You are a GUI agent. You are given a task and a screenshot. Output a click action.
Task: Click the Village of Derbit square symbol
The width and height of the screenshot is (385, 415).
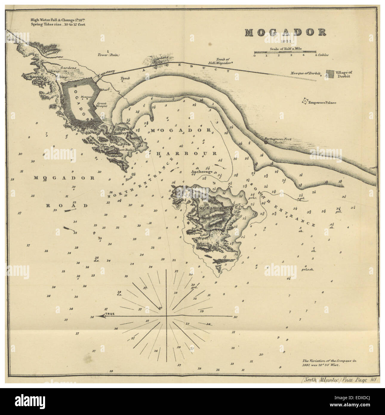pyautogui.click(x=330, y=74)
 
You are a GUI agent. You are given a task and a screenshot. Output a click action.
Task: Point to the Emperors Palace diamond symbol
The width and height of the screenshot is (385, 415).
pyautogui.click(x=304, y=102)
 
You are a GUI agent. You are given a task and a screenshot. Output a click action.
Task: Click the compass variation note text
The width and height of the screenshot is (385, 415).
pyautogui.click(x=329, y=363)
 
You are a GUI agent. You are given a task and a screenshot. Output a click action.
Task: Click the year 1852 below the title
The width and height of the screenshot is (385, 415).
pyautogui.click(x=285, y=41)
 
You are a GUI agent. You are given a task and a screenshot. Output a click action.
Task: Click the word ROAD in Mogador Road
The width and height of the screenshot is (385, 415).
pyautogui.click(x=67, y=206)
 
